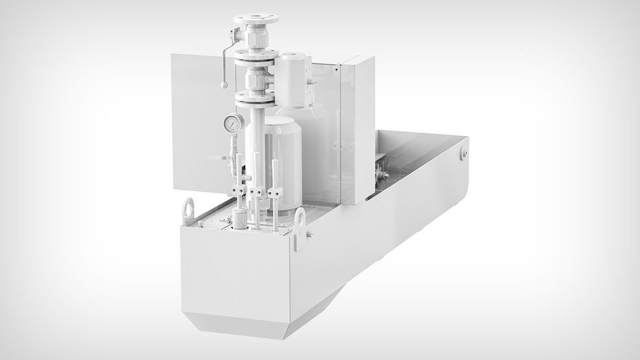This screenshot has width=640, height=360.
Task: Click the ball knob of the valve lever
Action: point(224,84)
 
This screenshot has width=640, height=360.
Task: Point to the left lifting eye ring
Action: point(188,207)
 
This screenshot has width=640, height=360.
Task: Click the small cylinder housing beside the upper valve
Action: point(292,79)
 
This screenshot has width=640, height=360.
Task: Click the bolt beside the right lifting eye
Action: point(310,233)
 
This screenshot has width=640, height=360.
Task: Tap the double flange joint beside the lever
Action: point(256,55)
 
